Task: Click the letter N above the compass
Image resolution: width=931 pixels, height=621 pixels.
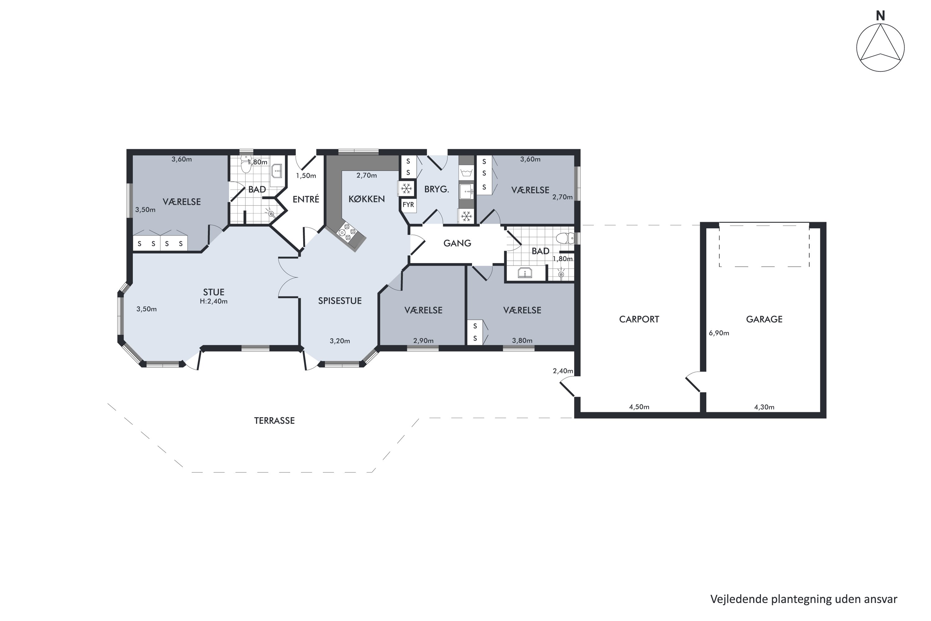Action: (880, 16)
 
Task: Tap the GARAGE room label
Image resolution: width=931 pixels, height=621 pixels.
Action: (764, 319)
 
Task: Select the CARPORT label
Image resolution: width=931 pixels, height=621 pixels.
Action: (639, 319)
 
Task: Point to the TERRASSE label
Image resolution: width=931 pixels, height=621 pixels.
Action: (274, 421)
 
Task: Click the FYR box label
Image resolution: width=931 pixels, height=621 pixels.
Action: (408, 204)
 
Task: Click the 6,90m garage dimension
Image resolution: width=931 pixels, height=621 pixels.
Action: (719, 333)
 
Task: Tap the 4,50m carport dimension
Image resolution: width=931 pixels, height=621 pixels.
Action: (639, 407)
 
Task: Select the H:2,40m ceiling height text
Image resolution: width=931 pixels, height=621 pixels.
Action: (214, 301)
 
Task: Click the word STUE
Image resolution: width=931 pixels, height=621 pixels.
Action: (214, 292)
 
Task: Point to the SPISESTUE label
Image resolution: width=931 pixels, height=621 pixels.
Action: (340, 301)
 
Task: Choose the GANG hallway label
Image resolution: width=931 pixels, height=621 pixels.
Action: (457, 243)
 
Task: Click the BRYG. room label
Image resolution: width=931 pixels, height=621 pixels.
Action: (437, 189)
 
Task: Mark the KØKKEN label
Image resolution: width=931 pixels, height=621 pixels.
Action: (367, 199)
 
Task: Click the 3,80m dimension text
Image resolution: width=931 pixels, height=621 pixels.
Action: (522, 341)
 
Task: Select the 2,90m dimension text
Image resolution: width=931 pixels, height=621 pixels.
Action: (423, 341)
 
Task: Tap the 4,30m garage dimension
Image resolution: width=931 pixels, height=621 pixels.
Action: (764, 407)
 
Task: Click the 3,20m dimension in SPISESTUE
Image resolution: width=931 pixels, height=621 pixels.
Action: (340, 341)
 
